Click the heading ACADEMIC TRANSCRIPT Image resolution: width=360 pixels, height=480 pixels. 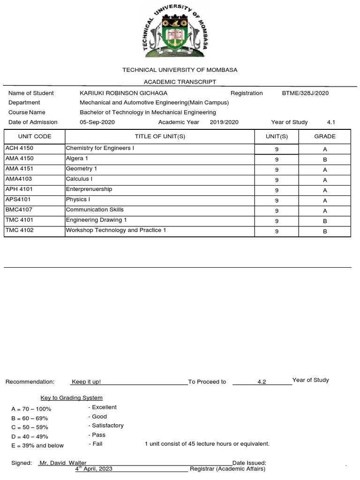(180, 82)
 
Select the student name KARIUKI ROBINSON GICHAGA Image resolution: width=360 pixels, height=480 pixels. (123, 93)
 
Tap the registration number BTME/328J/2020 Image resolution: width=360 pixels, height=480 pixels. (305, 93)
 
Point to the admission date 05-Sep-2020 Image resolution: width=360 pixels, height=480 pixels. (97, 122)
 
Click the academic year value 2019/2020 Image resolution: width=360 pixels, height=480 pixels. (224, 122)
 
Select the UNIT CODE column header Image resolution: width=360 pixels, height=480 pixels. (35, 136)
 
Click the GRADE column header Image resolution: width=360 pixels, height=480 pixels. (324, 136)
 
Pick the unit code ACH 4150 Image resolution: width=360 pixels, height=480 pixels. (19, 148)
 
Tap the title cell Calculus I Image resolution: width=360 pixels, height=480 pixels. (79, 179)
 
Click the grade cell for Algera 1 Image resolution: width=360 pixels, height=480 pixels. (324, 159)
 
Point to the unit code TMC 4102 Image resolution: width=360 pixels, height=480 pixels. (19, 230)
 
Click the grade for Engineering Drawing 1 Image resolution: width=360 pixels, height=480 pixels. (324, 221)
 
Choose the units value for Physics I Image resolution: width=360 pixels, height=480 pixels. (277, 200)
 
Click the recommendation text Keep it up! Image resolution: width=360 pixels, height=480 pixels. (86, 382)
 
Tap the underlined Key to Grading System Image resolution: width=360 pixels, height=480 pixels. (72, 397)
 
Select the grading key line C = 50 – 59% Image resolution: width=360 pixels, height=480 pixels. (30, 427)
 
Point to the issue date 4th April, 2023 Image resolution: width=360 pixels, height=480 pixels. (94, 469)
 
